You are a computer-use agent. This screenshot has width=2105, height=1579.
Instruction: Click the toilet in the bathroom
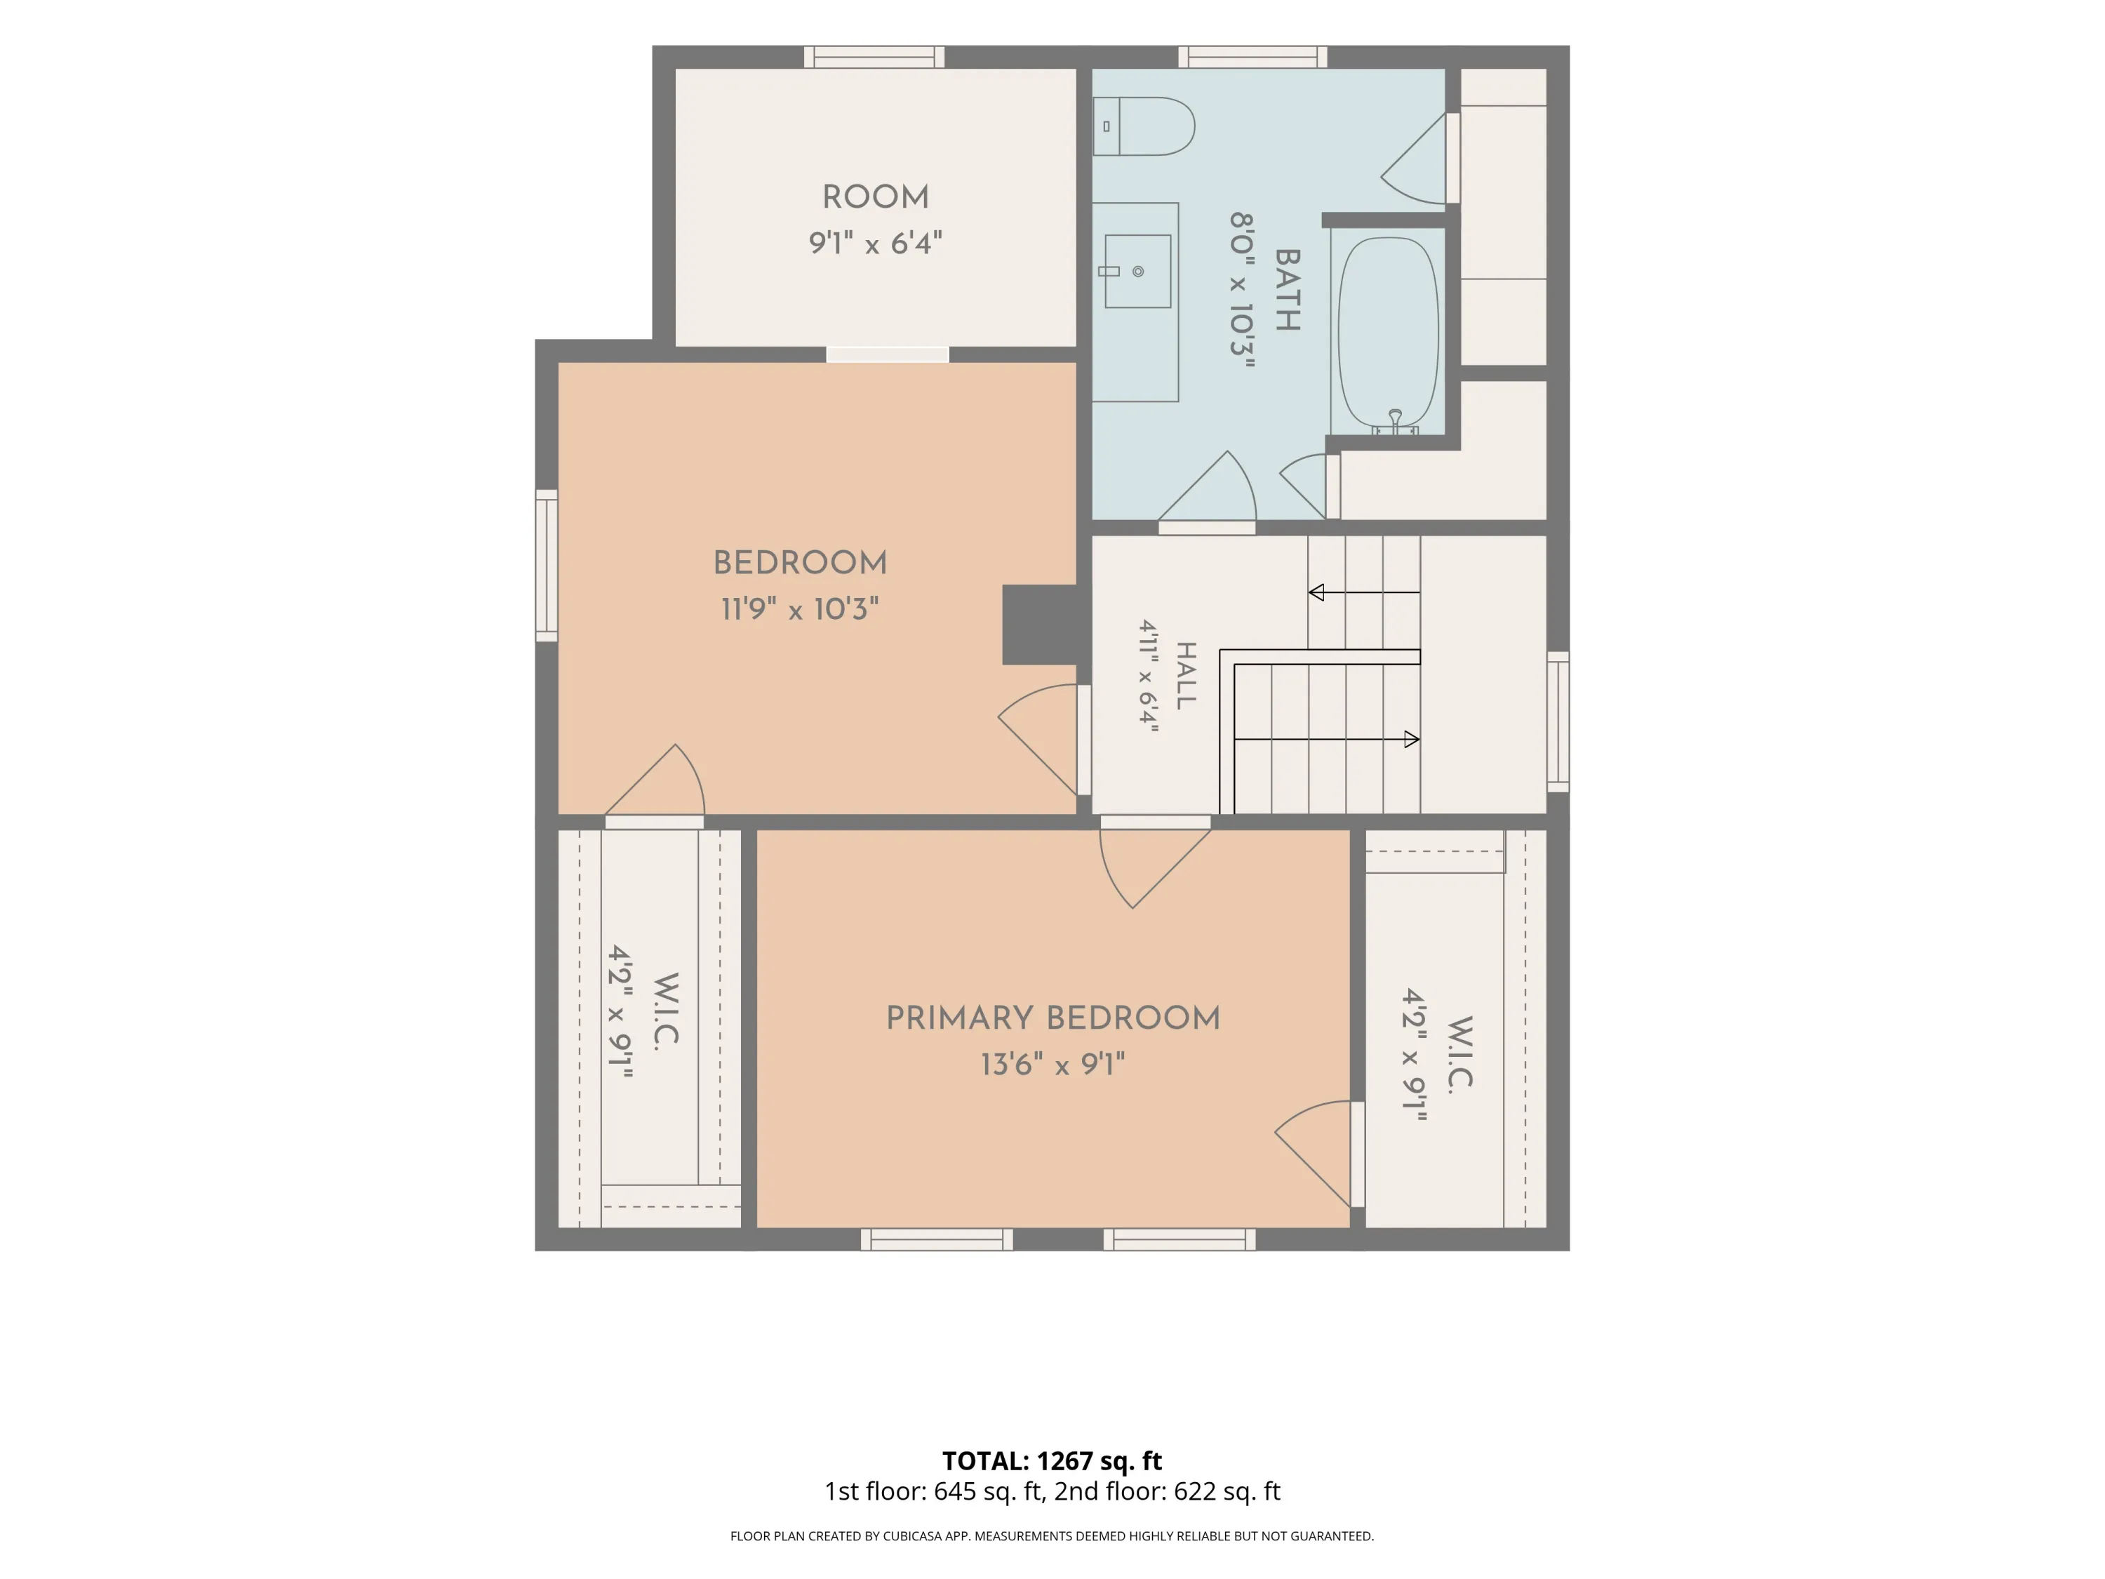click(x=1143, y=126)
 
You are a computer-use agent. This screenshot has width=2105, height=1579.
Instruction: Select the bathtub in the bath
click(x=1389, y=333)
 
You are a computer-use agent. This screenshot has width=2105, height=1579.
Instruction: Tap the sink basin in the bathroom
click(x=1137, y=272)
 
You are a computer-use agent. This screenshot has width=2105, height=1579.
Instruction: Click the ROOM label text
click(x=876, y=197)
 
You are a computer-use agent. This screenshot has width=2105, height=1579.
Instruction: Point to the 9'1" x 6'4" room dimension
click(x=876, y=243)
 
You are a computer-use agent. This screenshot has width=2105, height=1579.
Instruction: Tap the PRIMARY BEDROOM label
click(x=1052, y=1018)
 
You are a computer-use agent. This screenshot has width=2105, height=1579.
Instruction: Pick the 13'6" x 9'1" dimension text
click(x=1052, y=1063)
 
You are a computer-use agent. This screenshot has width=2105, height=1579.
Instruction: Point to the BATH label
click(x=1287, y=291)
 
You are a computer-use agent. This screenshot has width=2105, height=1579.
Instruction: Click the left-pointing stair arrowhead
click(x=1316, y=592)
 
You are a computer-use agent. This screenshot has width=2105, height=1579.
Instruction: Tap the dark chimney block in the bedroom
click(x=1040, y=625)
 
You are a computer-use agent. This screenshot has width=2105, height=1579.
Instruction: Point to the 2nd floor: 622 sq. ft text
click(x=1167, y=1491)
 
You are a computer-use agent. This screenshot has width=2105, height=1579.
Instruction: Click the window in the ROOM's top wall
click(x=874, y=57)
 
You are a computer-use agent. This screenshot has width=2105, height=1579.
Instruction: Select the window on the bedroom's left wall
click(x=546, y=566)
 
